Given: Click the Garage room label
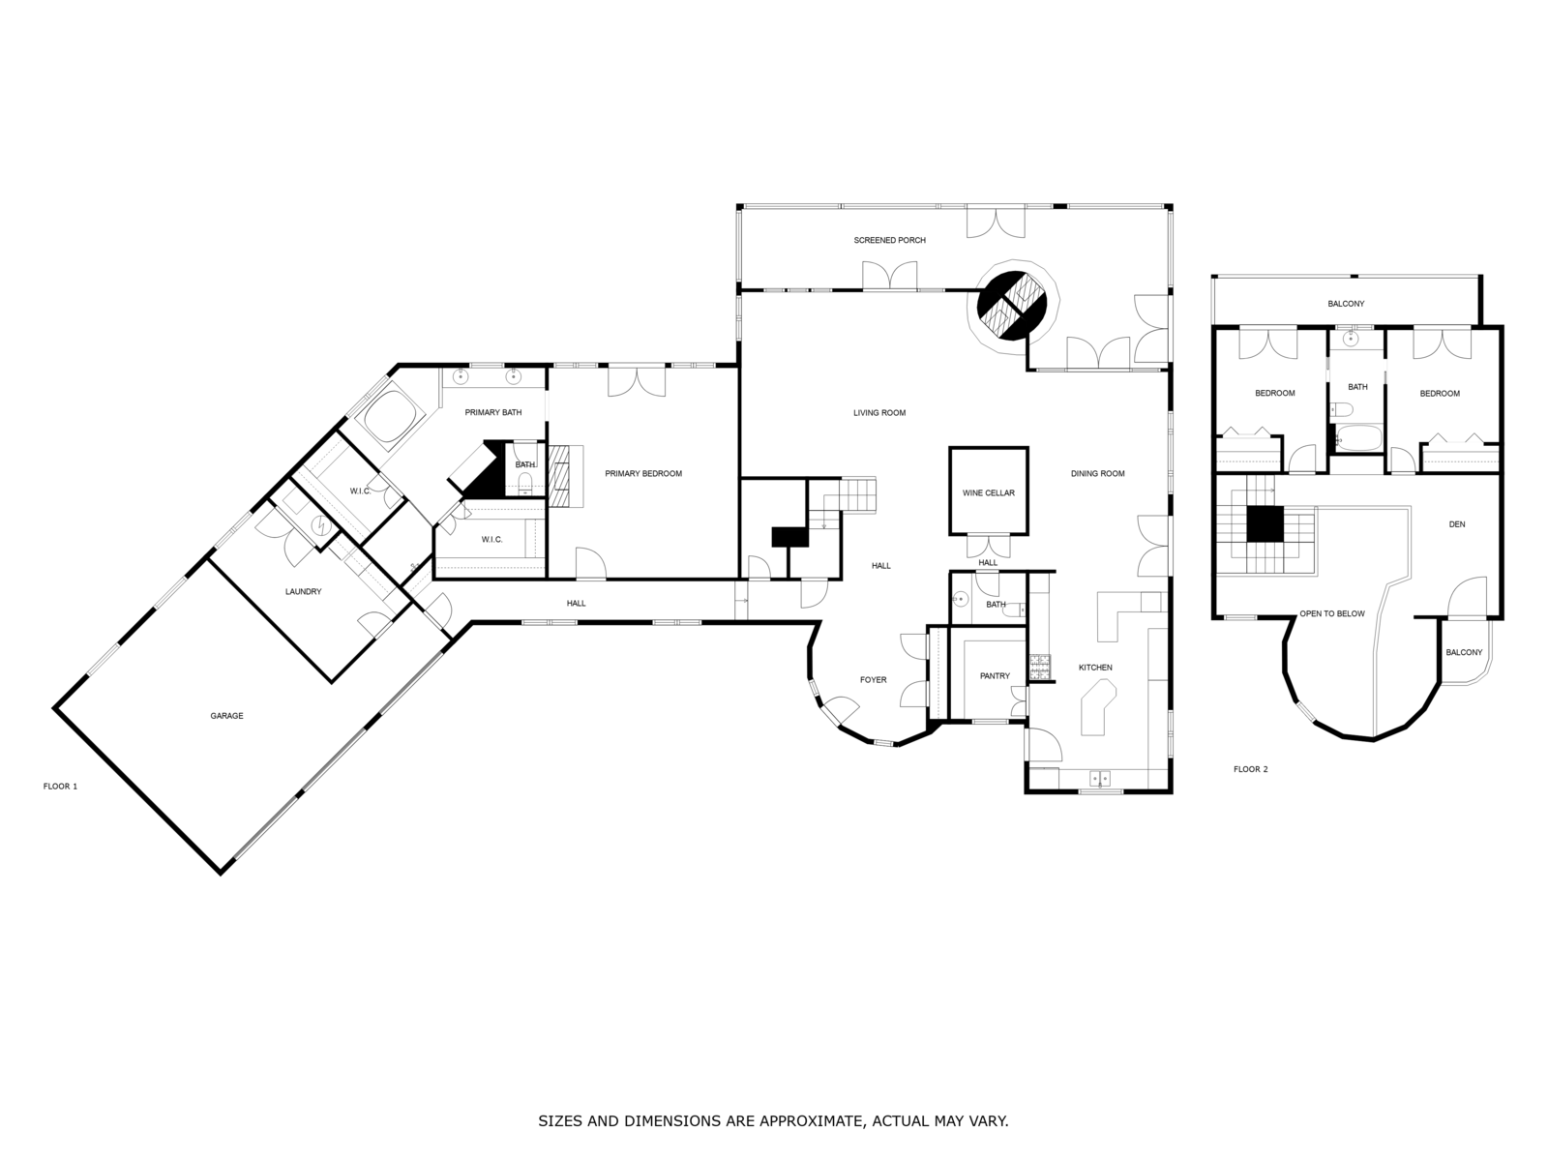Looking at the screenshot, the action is coord(226,716).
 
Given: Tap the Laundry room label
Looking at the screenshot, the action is coord(303,592).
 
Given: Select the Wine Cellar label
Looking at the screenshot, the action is coord(988,493).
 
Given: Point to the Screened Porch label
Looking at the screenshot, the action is coord(889,240).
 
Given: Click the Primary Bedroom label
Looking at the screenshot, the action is coord(643,474).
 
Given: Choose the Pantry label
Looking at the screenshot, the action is coord(995,676).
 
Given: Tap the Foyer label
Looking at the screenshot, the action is coord(873,680).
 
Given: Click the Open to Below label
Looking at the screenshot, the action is coord(1331,613).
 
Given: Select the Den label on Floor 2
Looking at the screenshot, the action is coord(1457,524).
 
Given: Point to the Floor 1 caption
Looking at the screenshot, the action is coord(60,787).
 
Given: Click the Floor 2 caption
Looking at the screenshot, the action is coord(1250,769).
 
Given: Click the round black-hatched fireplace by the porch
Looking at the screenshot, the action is coord(1013,305).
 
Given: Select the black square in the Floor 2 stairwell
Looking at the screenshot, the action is coord(1264,523).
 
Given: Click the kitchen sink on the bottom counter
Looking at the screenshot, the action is coord(1100,778).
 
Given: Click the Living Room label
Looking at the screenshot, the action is coord(878,413).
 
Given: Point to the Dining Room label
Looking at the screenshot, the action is coord(1097,474).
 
